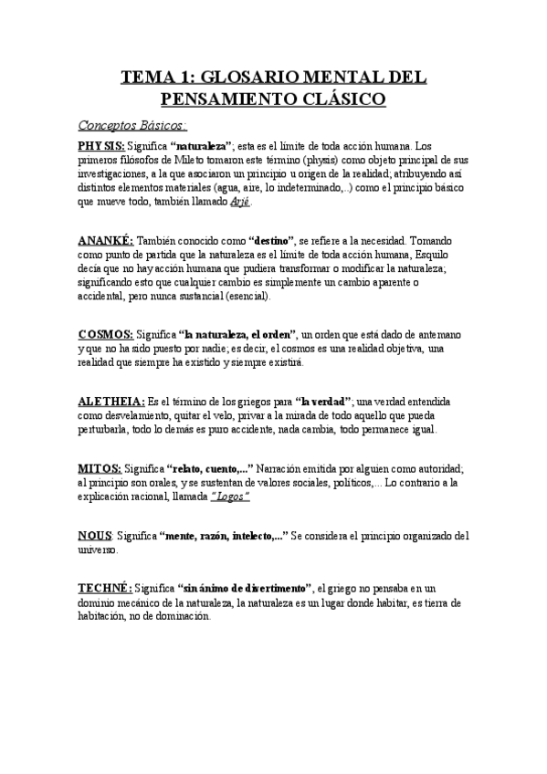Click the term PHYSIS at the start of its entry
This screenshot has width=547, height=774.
(x=102, y=146)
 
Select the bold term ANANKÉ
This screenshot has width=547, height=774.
(x=106, y=240)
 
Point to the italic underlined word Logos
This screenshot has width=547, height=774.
(x=230, y=496)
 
